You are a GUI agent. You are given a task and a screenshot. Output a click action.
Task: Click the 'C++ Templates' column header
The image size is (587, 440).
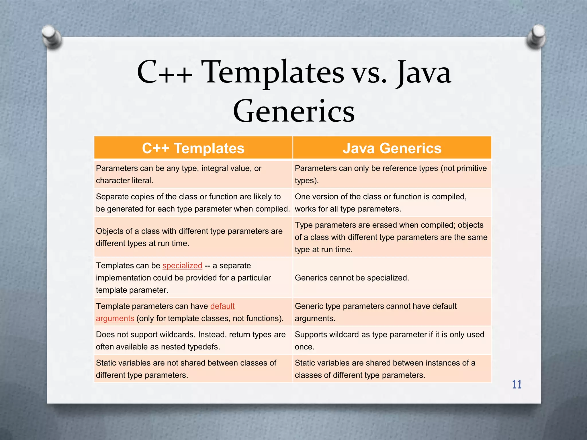point(193,148)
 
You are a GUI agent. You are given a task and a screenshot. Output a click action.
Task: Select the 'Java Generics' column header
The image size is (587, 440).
point(392,148)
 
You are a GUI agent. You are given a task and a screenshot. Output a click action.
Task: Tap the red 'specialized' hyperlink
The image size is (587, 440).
point(182,266)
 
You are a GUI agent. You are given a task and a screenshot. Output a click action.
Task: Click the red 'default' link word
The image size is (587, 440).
point(222,306)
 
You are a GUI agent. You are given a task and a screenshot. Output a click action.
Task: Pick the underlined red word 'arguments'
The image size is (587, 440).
point(115,319)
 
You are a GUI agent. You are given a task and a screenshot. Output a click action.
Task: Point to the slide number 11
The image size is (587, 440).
point(517,384)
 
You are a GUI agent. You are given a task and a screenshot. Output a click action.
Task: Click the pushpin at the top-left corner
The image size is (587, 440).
point(52,36)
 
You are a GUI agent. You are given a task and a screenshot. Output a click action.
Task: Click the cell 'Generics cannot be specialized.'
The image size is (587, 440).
point(352,278)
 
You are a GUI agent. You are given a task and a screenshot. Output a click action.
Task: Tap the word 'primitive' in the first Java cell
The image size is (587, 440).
point(470,168)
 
